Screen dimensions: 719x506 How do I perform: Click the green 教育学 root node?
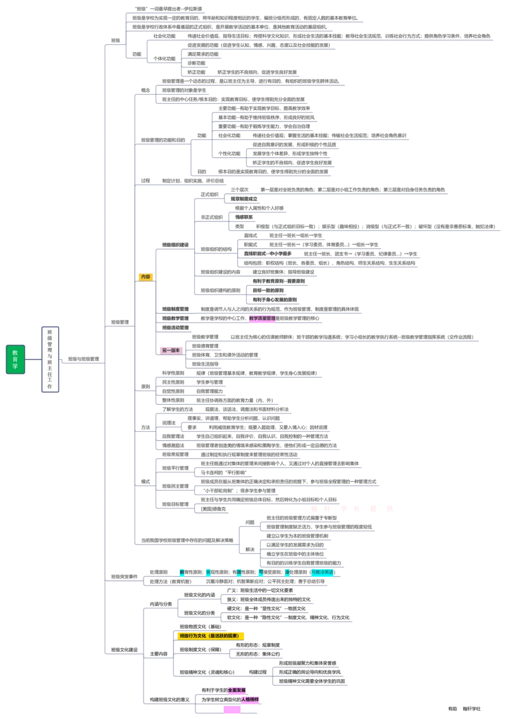15,359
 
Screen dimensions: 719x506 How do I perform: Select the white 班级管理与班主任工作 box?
51,359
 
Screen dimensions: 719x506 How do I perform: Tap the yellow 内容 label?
145,277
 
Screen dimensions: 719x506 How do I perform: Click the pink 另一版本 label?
170,350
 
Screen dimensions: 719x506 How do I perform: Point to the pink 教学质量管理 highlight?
262,319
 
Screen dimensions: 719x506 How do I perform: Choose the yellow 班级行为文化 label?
211,636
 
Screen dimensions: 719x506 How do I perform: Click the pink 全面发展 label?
237,690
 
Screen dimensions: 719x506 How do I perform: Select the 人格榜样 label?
250,699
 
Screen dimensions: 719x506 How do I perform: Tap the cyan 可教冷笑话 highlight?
323,572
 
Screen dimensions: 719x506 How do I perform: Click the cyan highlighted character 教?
182,572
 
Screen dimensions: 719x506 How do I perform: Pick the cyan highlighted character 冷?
287,572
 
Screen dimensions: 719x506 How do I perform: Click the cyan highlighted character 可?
261,572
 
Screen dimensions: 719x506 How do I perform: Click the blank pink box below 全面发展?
232,710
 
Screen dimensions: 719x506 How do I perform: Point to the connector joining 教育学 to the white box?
33,359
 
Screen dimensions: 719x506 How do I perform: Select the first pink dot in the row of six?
313,508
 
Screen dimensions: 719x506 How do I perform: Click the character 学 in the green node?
15,367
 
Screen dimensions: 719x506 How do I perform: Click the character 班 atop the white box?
51,331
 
